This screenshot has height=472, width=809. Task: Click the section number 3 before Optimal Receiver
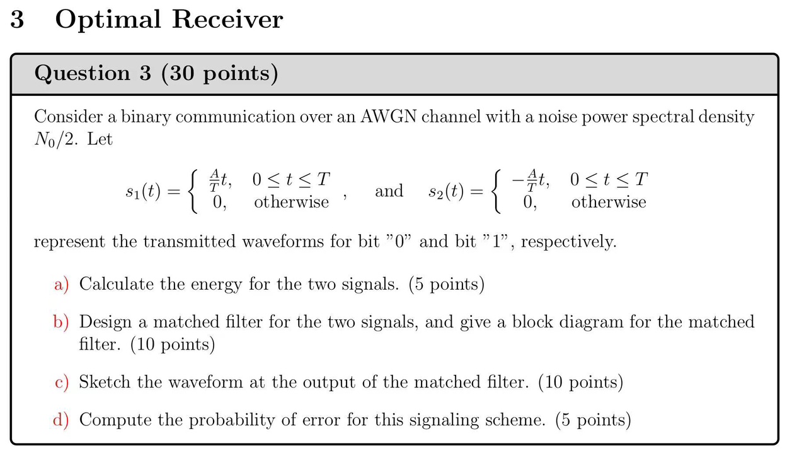point(18,20)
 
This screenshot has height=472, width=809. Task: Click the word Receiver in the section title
point(227,20)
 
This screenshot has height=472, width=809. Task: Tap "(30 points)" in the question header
point(219,74)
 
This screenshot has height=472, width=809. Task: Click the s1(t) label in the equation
point(143,191)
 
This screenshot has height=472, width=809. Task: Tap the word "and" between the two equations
point(389,191)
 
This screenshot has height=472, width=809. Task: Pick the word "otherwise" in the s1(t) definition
point(291,203)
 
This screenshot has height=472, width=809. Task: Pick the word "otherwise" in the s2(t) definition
point(609,203)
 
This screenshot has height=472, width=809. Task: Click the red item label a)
point(61,285)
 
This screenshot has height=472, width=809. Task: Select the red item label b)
point(61,322)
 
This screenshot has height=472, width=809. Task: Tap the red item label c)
point(61,382)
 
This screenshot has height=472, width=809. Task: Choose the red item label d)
point(61,420)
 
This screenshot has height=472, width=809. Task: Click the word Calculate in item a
point(116,285)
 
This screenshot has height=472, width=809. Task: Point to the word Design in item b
point(104,322)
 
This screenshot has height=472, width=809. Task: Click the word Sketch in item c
point(105,382)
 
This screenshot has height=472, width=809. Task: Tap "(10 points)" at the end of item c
point(580,382)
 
